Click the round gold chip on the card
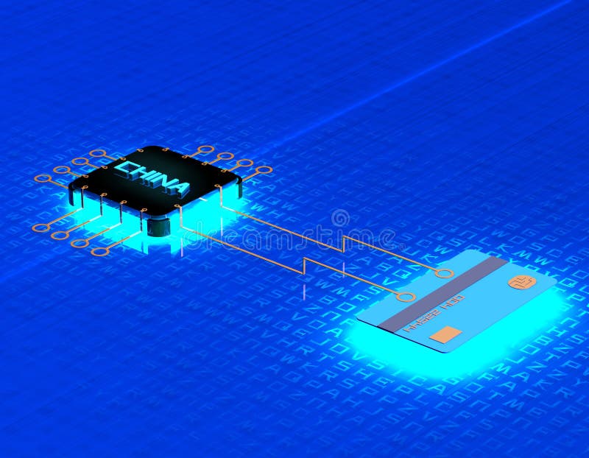click(x=522, y=282)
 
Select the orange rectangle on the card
click(x=446, y=334)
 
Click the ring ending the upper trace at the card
click(x=444, y=273)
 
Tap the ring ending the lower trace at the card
click(x=405, y=297)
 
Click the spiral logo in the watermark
click(x=340, y=218)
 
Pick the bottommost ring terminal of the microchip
click(x=100, y=251)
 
